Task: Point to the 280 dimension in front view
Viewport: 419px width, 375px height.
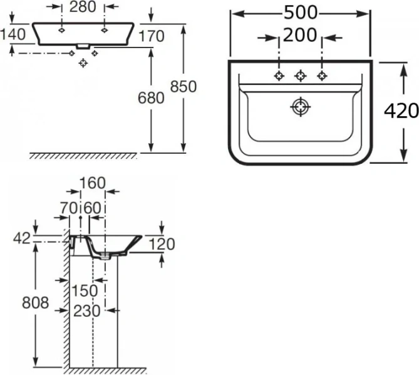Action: [83, 8]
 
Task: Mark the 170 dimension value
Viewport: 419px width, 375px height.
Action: [152, 36]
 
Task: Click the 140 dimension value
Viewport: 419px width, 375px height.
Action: [14, 35]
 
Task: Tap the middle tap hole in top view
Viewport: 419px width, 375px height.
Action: [301, 76]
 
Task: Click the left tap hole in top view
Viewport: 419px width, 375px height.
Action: [279, 76]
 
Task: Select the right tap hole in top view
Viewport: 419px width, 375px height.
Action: [322, 76]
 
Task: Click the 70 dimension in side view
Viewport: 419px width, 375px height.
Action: [70, 207]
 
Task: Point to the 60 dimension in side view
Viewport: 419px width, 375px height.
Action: [92, 207]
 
